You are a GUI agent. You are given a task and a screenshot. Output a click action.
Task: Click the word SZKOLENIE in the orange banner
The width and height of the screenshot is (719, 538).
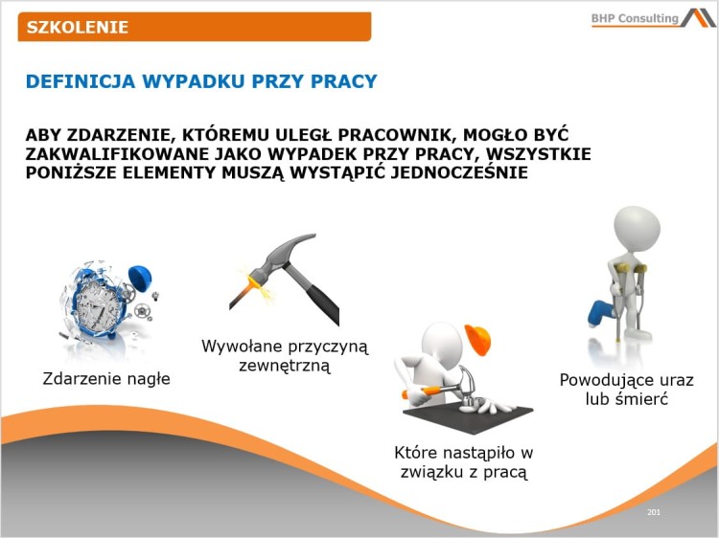click(x=78, y=27)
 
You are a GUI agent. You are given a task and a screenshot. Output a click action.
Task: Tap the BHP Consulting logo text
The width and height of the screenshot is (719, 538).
click(x=635, y=18)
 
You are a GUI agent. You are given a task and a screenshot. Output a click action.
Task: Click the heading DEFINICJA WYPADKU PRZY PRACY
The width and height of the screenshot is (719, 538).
click(x=201, y=81)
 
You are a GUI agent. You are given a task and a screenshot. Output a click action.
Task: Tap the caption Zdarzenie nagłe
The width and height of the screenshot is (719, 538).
click(x=106, y=378)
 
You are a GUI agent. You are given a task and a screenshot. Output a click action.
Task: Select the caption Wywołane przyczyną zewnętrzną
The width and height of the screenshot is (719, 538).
click(x=285, y=355)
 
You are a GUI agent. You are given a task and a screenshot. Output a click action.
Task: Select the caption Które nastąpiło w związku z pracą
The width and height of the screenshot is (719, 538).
click(x=463, y=462)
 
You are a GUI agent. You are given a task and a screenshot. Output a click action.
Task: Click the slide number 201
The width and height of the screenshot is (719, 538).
click(x=654, y=513)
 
